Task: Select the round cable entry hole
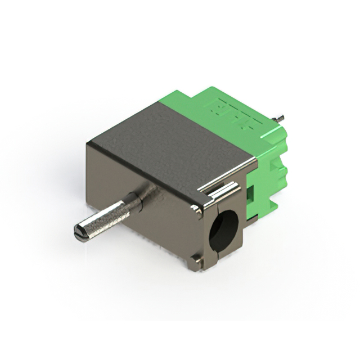(223, 229)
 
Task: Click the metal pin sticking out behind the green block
(277, 119)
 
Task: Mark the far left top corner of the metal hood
(88, 145)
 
